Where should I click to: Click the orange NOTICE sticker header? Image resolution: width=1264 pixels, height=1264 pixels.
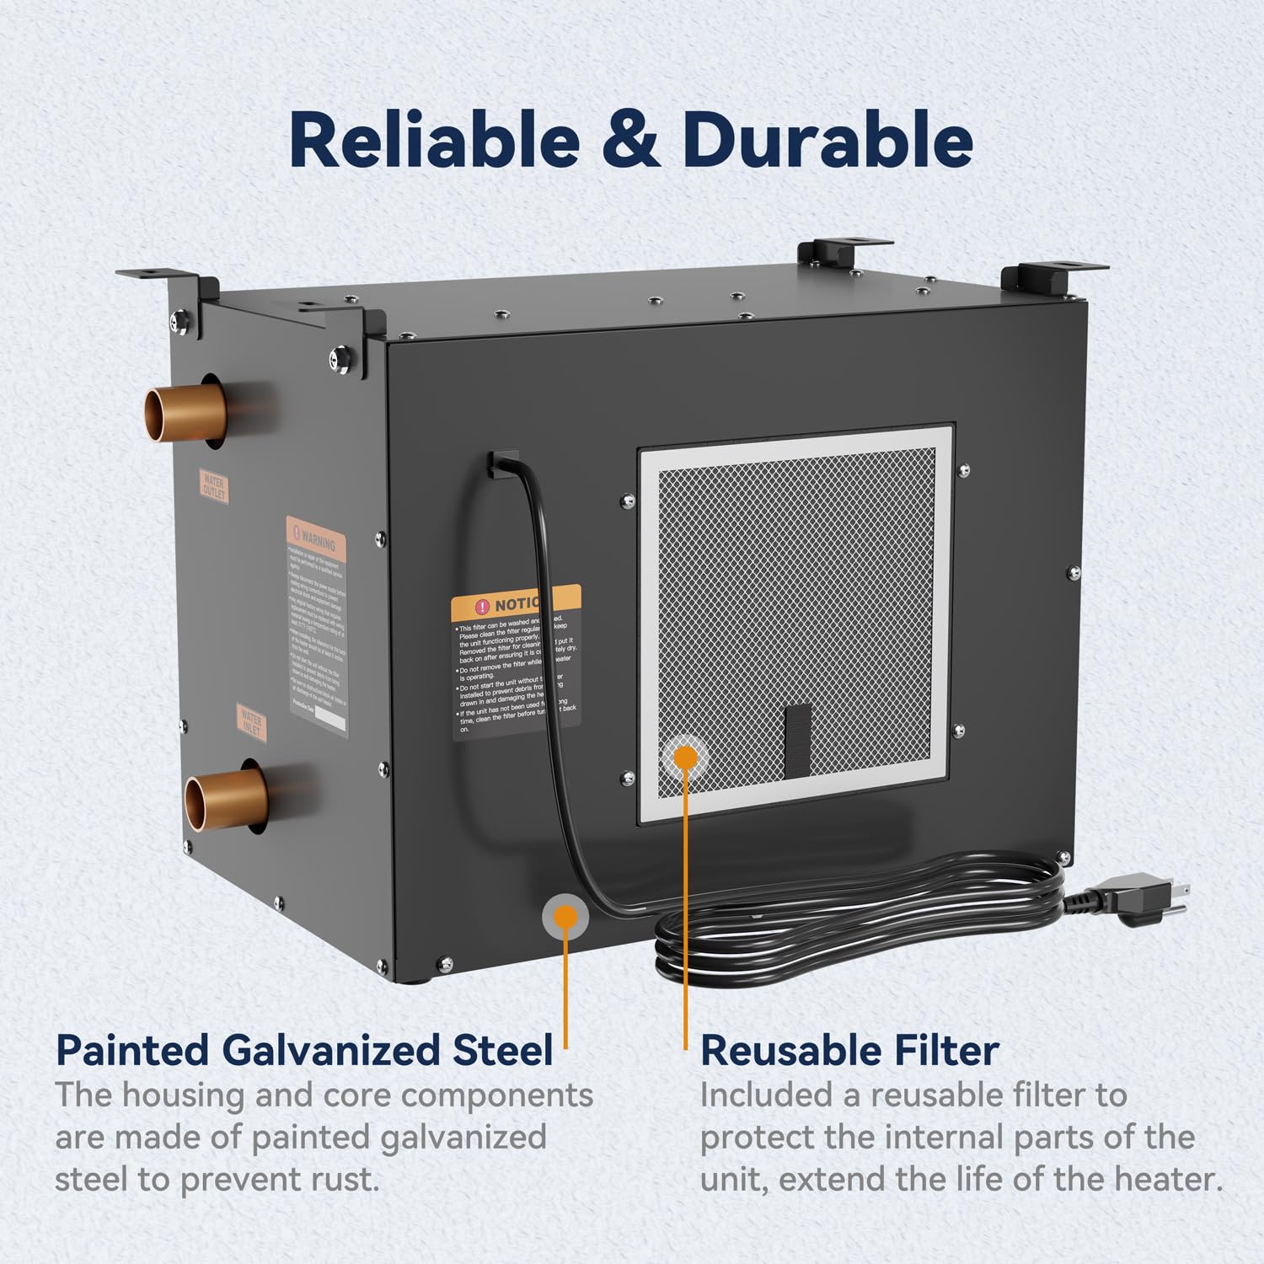pyautogui.click(x=515, y=603)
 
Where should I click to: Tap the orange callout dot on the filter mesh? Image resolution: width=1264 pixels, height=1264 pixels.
pyautogui.click(x=686, y=757)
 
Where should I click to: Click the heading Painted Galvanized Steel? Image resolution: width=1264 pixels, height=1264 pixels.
pyautogui.click(x=304, y=1051)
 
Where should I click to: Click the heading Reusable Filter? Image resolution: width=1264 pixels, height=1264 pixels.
pyautogui.click(x=849, y=1051)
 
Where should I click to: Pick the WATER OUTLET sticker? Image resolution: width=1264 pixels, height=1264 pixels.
pyautogui.click(x=214, y=486)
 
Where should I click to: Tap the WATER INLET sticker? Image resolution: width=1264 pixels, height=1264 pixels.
pyautogui.click(x=252, y=723)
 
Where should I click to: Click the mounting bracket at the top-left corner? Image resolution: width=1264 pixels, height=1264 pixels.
pyautogui.click(x=160, y=282)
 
